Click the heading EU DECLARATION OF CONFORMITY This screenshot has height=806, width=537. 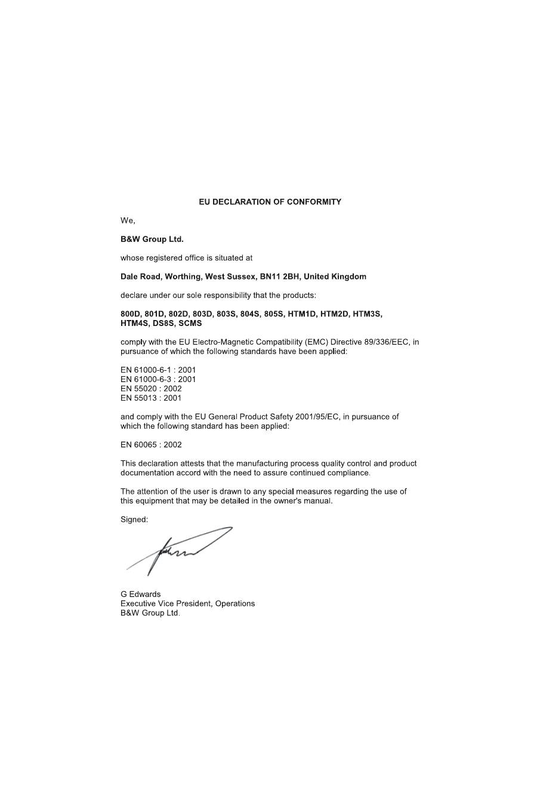click(270, 202)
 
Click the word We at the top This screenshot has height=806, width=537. click(127, 221)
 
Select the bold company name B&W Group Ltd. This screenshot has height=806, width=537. click(152, 239)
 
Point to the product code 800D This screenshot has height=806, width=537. click(130, 314)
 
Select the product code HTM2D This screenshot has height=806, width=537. click(334, 314)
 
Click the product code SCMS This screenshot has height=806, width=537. click(190, 324)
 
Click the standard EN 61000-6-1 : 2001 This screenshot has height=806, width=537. click(158, 370)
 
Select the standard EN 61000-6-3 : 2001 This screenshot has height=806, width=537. click(158, 379)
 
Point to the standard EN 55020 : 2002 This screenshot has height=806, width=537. click(151, 389)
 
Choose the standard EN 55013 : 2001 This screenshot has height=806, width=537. click(151, 398)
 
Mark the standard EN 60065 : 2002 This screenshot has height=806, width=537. click(151, 445)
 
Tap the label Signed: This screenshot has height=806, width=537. click(134, 519)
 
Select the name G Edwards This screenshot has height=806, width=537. click(140, 594)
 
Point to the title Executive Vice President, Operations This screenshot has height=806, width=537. click(187, 604)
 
